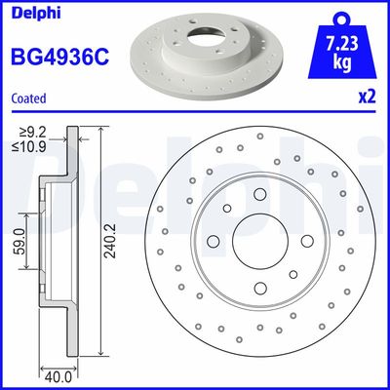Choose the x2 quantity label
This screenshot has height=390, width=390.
[368, 97]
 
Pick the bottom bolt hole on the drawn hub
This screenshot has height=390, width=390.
[259, 288]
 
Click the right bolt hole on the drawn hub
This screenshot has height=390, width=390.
[306, 242]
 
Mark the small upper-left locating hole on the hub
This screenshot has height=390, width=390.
[227, 210]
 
